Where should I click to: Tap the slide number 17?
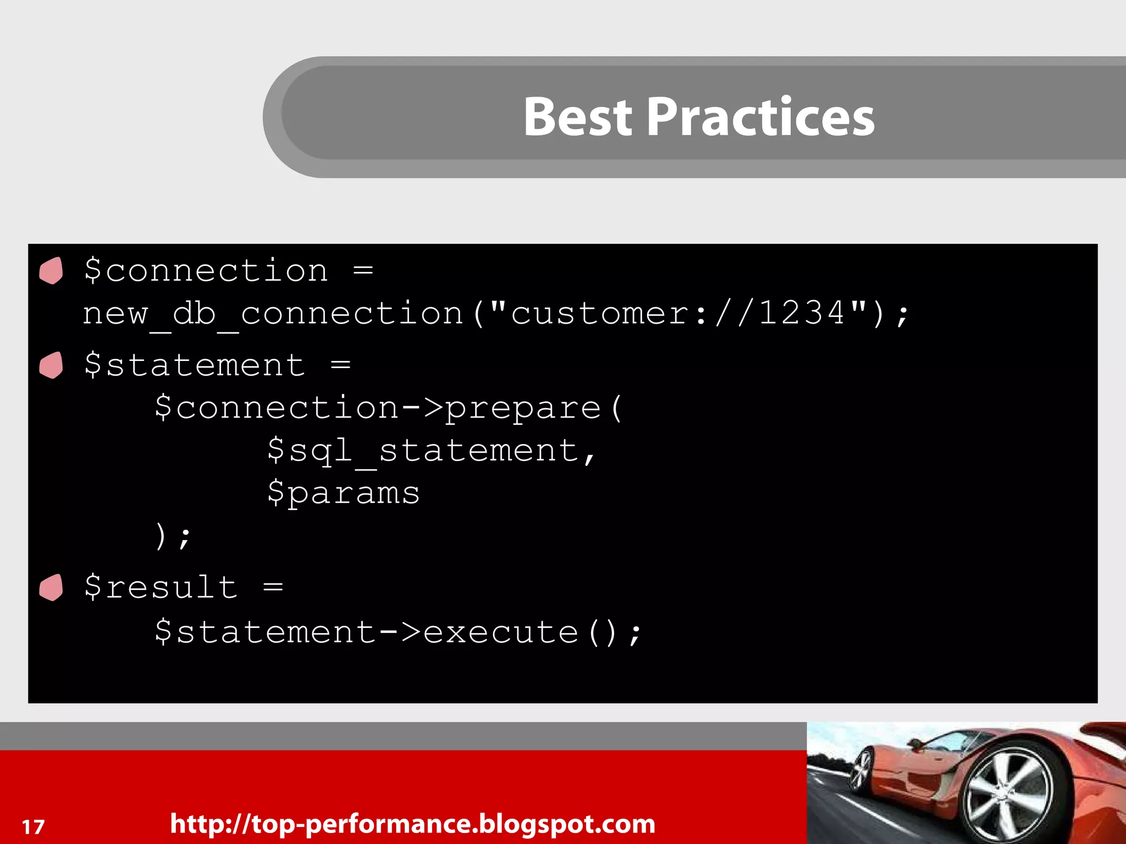pyautogui.click(x=33, y=826)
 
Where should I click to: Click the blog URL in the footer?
pyautogui.click(x=412, y=824)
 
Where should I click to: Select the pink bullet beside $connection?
pyautogui.click(x=52, y=270)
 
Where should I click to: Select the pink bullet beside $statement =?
pyautogui.click(x=52, y=365)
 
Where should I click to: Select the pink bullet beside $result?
pyautogui.click(x=52, y=587)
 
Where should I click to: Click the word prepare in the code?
pyautogui.click(x=522, y=408)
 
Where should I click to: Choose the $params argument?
pyautogui.click(x=344, y=493)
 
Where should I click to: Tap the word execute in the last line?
pyautogui.click(x=500, y=632)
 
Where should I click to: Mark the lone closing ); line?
pyautogui.click(x=172, y=536)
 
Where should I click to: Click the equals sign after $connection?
pyautogui.click(x=363, y=270)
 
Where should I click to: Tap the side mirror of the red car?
pyautogui.click(x=915, y=745)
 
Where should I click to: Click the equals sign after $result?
pyautogui.click(x=273, y=587)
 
